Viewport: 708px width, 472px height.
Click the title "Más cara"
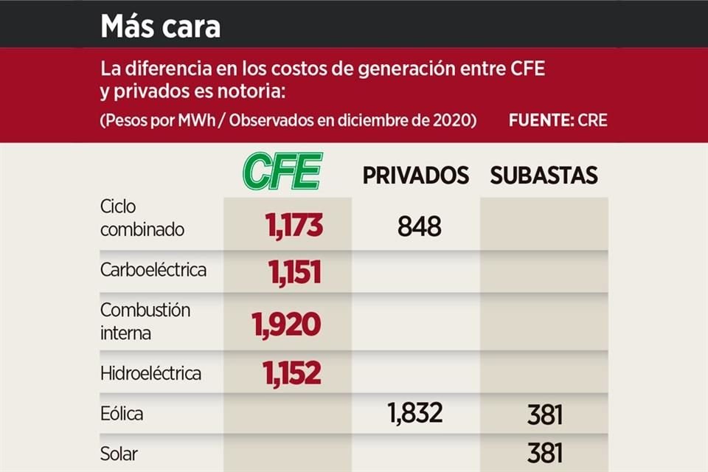pyautogui.click(x=160, y=26)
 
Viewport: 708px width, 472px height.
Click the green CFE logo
pyautogui.click(x=283, y=172)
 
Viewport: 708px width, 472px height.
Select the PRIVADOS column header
pyautogui.click(x=415, y=176)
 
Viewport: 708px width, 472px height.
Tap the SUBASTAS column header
pyautogui.click(x=544, y=176)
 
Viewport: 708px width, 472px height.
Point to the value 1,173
pyautogui.click(x=294, y=225)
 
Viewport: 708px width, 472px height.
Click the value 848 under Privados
pyautogui.click(x=419, y=226)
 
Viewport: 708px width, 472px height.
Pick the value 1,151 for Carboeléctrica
pyautogui.click(x=295, y=272)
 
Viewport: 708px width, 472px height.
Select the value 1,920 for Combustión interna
pyautogui.click(x=286, y=324)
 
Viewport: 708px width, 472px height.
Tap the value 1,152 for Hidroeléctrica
pyautogui.click(x=292, y=372)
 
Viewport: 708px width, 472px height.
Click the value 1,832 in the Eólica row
pyautogui.click(x=415, y=414)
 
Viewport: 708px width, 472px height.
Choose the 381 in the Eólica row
pyautogui.click(x=545, y=415)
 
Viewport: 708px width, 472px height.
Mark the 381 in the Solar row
pyautogui.click(x=545, y=452)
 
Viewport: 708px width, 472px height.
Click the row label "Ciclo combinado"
pyautogui.click(x=142, y=218)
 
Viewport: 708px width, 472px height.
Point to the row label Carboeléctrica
pyautogui.click(x=153, y=270)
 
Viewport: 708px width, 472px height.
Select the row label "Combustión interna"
pyautogui.click(x=145, y=321)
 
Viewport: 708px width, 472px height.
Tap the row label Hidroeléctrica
pyautogui.click(x=150, y=373)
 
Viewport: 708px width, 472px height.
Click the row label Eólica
pyautogui.click(x=122, y=414)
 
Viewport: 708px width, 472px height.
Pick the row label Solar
pyautogui.click(x=119, y=453)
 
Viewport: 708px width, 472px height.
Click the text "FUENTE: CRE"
pyautogui.click(x=558, y=120)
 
